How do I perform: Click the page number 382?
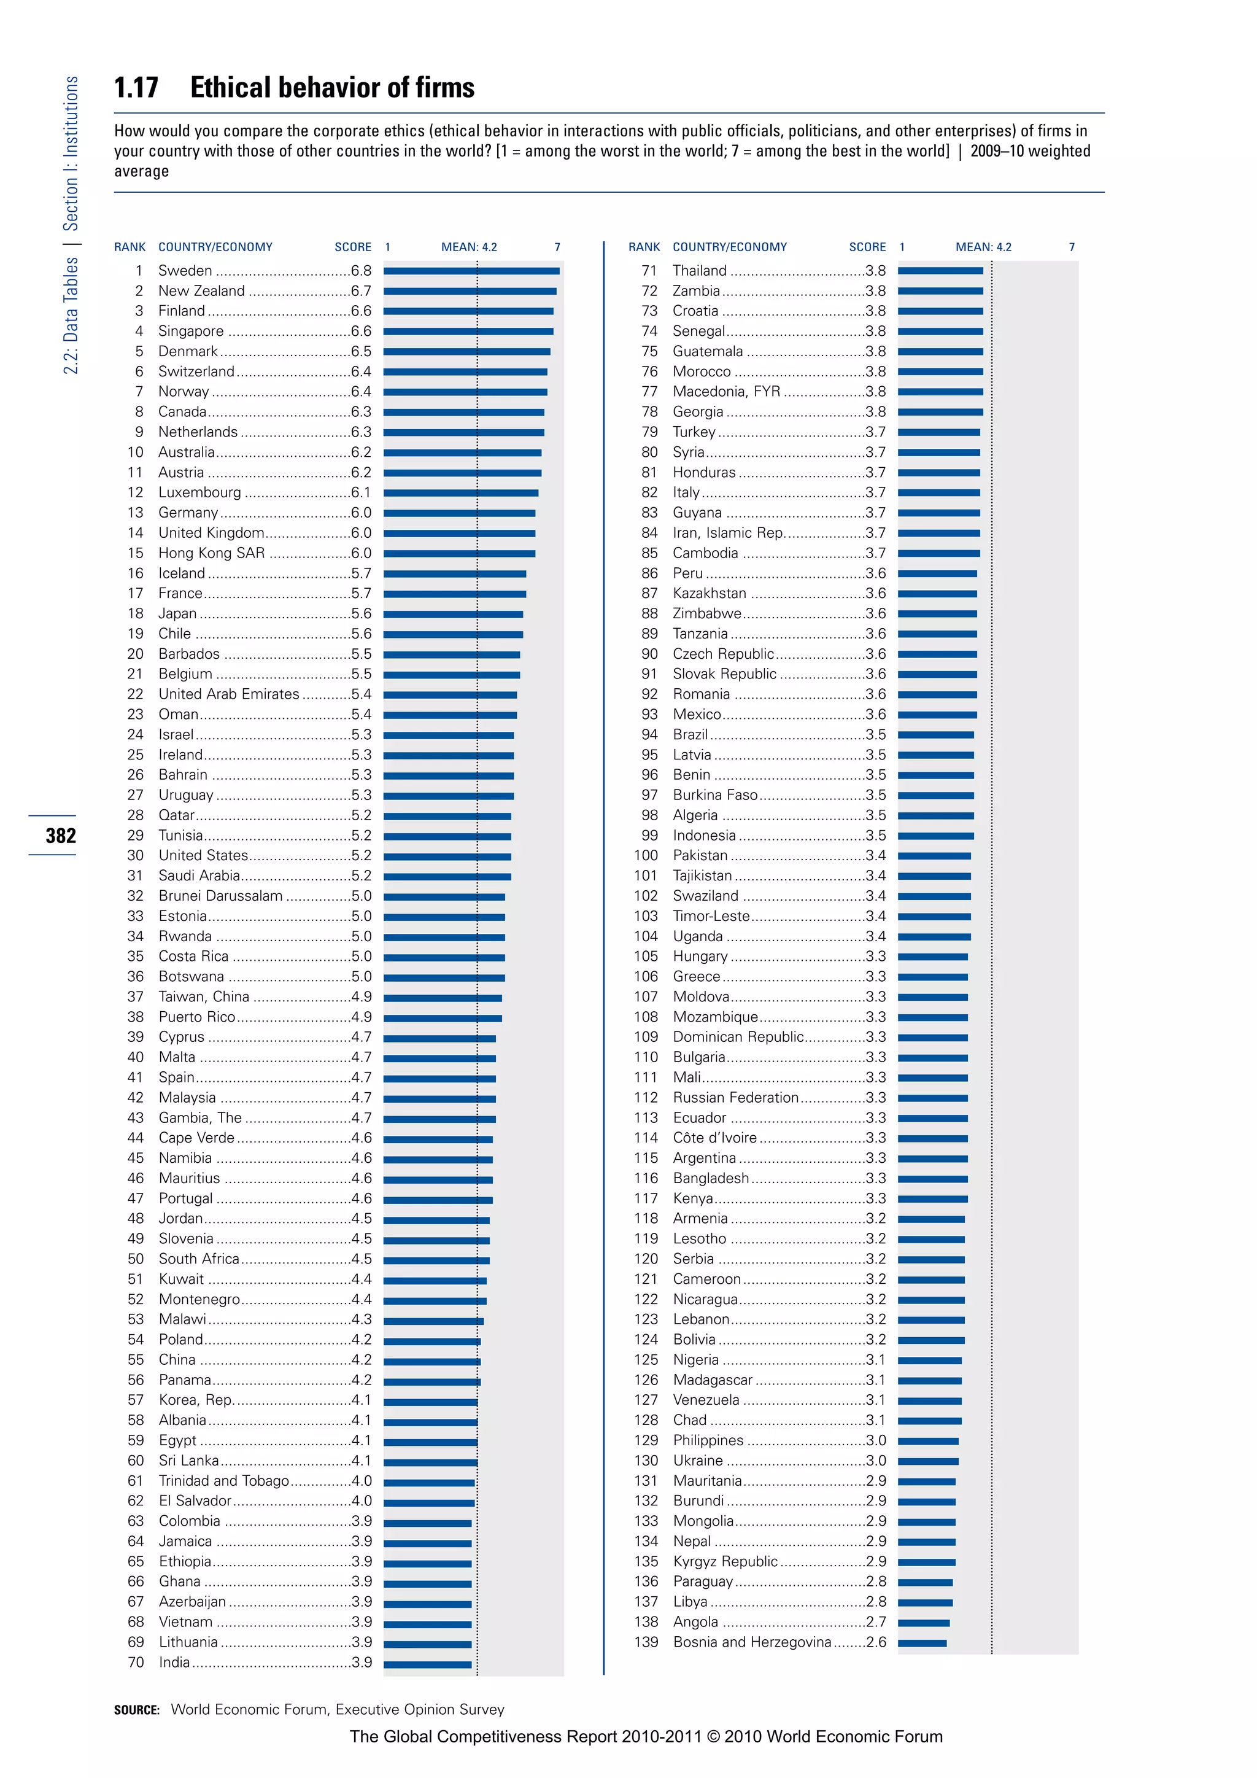tap(60, 836)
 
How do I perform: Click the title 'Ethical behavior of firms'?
tap(332, 88)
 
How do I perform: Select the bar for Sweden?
tap(471, 271)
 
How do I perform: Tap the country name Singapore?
tap(190, 332)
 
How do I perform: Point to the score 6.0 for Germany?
tap(361, 513)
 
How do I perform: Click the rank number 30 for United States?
tap(136, 856)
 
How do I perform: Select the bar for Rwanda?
tap(444, 937)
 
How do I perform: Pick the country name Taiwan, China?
tap(204, 996)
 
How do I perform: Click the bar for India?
tap(427, 1663)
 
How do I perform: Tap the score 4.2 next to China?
tap(361, 1360)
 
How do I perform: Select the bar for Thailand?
tap(940, 271)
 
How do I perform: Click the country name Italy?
tap(686, 492)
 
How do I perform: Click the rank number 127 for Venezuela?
tap(646, 1400)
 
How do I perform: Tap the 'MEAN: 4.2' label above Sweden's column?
tap(469, 247)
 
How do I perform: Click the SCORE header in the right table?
tap(867, 247)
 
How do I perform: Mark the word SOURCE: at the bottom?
tap(136, 1710)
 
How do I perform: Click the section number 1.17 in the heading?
tap(136, 88)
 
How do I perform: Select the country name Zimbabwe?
tap(706, 613)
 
